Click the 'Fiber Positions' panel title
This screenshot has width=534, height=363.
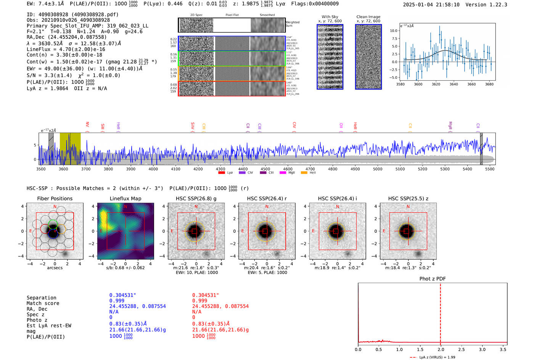point(55,198)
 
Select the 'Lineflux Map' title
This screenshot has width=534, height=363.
point(125,198)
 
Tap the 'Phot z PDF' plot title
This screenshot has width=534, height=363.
point(433,278)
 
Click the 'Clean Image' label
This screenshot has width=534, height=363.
point(368,17)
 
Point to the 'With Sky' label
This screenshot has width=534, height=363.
point(330,17)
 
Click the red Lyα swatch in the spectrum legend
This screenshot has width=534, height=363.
point(222,173)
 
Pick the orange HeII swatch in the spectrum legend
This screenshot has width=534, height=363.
point(304,173)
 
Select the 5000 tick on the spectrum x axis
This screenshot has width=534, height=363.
point(378,169)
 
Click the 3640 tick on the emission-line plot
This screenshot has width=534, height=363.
point(454,84)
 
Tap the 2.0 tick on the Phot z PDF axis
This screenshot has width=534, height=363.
point(441,349)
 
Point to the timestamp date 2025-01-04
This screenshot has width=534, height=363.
point(418,5)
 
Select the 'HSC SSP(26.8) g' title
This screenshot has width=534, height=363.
point(196,198)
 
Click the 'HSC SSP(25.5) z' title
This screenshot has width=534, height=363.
point(408,198)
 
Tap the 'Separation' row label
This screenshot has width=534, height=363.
point(41,298)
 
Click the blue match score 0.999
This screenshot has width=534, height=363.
point(117,301)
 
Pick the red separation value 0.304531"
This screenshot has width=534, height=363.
point(206,295)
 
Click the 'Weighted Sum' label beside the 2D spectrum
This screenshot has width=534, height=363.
point(293,24)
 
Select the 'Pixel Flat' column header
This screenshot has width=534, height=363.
point(232,15)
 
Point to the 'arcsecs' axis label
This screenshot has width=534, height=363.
point(55,268)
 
